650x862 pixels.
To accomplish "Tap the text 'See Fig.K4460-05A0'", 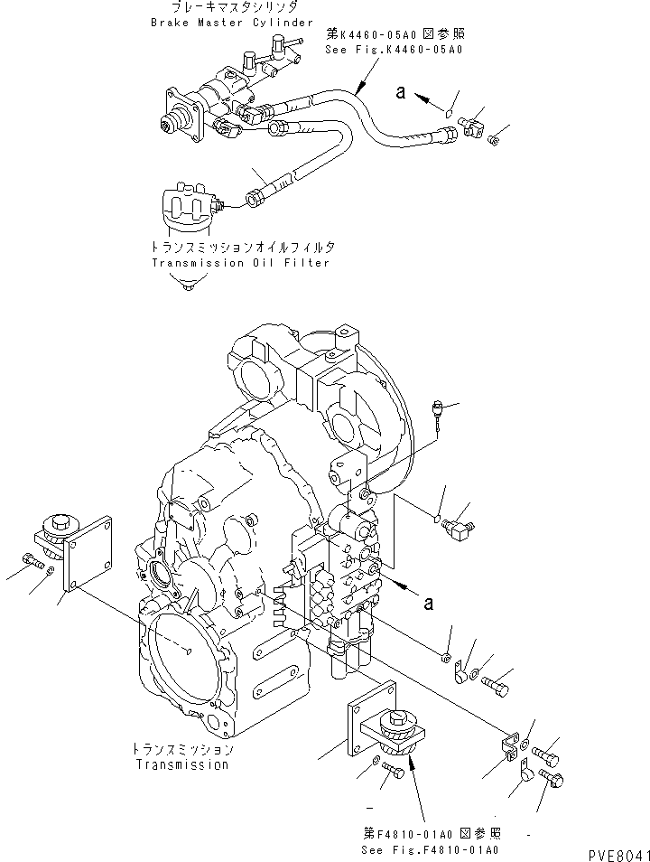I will pos(394,51).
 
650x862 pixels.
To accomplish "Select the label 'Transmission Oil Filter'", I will pos(240,263).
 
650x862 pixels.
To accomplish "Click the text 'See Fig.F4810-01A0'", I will pos(430,850).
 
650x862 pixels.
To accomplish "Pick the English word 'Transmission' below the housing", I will pos(181,764).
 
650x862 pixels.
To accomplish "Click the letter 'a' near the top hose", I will pos(401,91).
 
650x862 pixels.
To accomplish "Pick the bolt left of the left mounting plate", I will pos(32,563).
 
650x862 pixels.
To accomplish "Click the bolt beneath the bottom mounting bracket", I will pos(393,770).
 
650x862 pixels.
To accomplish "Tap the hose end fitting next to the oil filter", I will pos(257,192).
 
